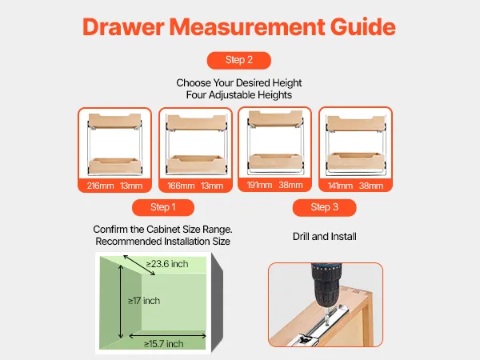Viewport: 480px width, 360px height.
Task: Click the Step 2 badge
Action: pos(238,60)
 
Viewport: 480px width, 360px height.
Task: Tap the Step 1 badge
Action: pos(163,207)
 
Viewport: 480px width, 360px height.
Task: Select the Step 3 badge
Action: pos(325,207)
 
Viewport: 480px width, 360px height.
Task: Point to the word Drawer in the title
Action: pos(123,27)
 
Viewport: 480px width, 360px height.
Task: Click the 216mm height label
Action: pos(100,186)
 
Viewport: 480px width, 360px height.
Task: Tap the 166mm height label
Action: pos(181,186)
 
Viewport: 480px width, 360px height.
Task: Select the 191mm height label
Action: pos(259,186)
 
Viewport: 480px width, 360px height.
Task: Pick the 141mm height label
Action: pos(340,186)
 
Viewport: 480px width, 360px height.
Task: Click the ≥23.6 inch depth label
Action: pos(167,264)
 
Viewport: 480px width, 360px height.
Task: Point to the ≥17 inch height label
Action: pos(144,301)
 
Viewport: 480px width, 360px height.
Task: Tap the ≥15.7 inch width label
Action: pos(164,344)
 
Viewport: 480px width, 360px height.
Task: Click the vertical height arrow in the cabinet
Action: pos(121,302)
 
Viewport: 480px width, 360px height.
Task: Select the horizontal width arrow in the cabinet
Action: pos(167,336)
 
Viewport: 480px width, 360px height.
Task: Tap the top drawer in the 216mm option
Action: pos(114,121)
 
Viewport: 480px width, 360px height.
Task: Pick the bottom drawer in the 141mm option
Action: pos(356,161)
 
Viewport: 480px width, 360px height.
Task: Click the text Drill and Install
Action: pos(325,236)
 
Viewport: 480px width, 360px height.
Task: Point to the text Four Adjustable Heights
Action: pos(238,95)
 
